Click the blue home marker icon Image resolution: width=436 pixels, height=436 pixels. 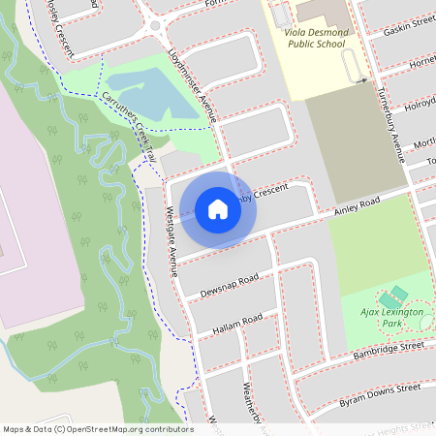coord(218,208)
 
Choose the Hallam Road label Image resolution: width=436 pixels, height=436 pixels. coord(237,325)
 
